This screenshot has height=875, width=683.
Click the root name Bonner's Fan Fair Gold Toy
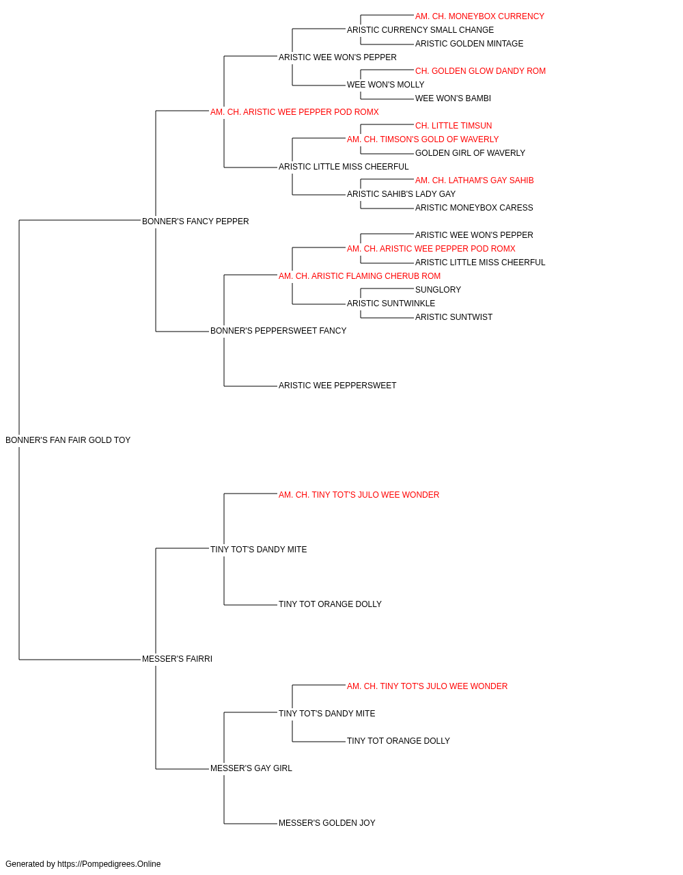(68, 440)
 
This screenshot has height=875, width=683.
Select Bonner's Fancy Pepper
(195, 221)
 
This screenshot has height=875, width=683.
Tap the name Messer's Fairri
(177, 659)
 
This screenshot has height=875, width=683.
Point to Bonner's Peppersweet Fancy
(279, 331)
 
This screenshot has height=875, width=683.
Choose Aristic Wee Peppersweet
(337, 386)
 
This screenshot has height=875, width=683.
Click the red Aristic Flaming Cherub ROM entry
(360, 276)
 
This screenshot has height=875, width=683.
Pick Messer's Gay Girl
(251, 768)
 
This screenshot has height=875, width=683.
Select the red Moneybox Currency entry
(480, 16)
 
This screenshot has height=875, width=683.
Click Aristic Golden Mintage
(469, 44)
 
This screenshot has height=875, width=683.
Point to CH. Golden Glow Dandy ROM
(481, 71)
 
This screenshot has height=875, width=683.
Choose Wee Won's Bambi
(454, 98)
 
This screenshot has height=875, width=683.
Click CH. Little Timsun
(454, 126)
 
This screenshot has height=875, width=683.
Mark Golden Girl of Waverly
(470, 153)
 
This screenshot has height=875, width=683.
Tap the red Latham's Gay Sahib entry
(475, 180)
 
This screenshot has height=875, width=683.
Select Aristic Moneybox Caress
(474, 208)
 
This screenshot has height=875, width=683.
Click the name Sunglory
(438, 290)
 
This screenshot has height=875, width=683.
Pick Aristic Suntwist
(454, 317)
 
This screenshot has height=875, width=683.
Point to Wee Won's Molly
(386, 85)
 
